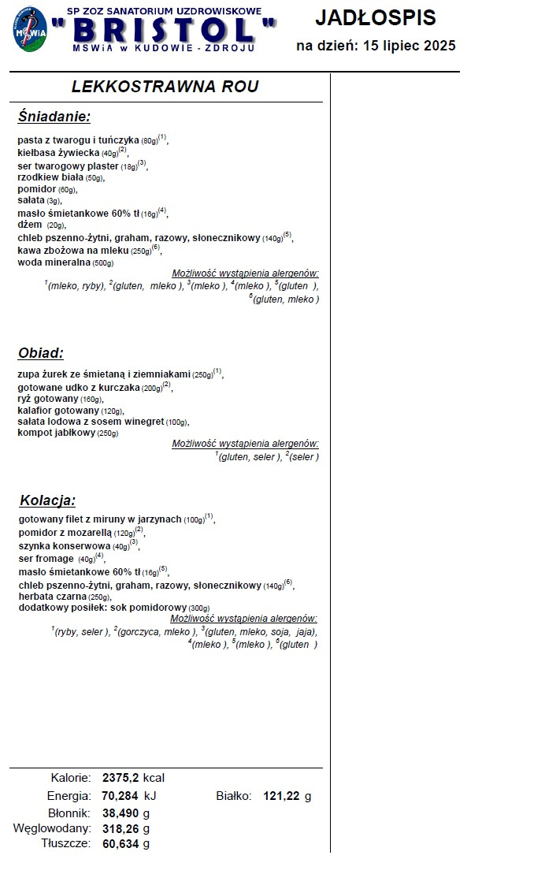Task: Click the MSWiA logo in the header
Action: [x=30, y=31]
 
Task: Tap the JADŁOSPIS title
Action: [x=375, y=17]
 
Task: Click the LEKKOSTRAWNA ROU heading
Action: [x=165, y=87]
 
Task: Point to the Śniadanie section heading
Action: [x=54, y=117]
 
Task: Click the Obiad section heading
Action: [x=40, y=353]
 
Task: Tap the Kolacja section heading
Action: [x=47, y=500]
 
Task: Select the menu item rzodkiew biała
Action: [x=50, y=178]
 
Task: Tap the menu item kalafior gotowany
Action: [x=58, y=411]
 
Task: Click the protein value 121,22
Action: [x=282, y=796]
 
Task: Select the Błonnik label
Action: [x=69, y=813]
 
